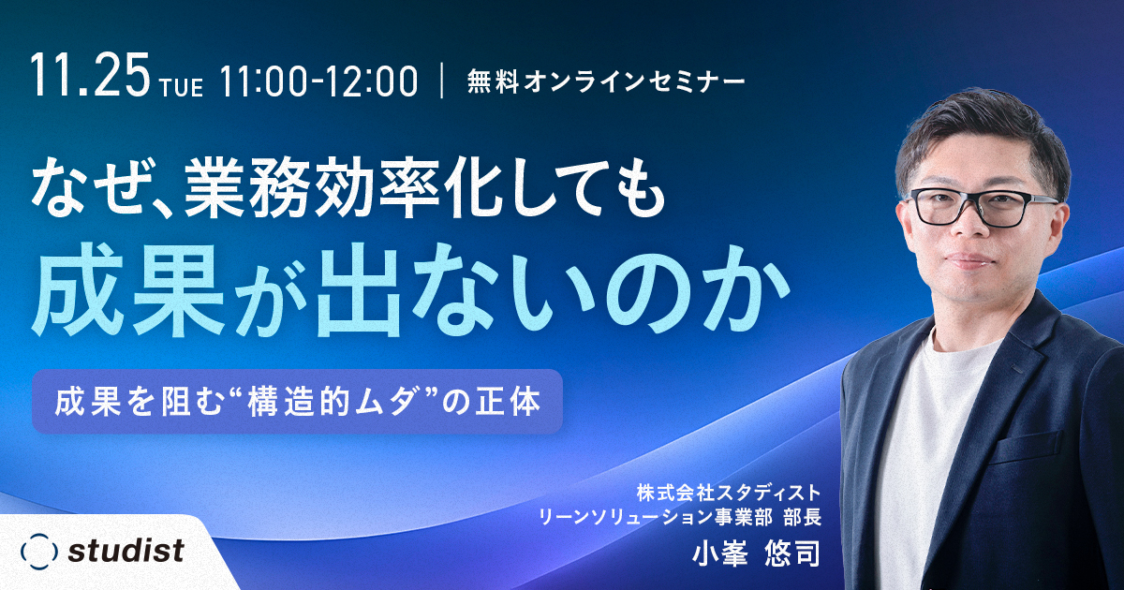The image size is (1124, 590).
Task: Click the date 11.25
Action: [x=91, y=75]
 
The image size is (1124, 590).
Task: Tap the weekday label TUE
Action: [x=182, y=87]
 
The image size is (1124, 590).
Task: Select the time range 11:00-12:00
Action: [x=318, y=81]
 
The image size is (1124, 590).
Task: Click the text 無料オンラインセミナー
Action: [x=606, y=82]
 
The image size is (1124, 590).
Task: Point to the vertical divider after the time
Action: [x=442, y=81]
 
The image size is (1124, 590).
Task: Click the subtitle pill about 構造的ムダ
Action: [x=297, y=402]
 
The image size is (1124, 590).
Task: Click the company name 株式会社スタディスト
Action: [x=729, y=493]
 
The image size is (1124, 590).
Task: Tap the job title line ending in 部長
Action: [x=680, y=517]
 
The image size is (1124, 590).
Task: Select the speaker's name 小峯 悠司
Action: [x=756, y=553]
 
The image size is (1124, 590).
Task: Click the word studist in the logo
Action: [x=126, y=551]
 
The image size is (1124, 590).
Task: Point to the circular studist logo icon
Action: [x=38, y=552]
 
